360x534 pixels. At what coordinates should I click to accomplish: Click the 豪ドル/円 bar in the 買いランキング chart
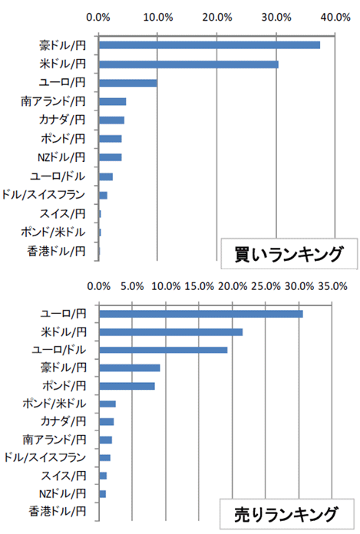pos(210,45)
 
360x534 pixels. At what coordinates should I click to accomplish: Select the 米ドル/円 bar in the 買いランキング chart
pos(189,64)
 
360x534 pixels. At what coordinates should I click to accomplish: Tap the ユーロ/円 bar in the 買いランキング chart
pos(128,83)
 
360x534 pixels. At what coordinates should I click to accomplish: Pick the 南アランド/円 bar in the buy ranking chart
pos(113,101)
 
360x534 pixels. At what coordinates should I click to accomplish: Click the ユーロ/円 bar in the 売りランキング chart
pos(201,314)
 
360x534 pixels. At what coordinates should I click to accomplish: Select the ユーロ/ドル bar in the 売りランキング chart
pos(163,350)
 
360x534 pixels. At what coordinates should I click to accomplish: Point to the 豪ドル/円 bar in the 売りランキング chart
pos(130,368)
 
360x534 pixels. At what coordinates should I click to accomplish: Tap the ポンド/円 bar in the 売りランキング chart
pos(127,386)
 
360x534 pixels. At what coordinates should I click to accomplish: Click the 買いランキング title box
pos(289,254)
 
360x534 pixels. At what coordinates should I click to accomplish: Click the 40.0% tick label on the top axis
pos(335,17)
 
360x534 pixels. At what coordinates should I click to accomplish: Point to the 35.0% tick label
pos(332,286)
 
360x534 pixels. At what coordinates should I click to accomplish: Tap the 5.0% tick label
pos(132,286)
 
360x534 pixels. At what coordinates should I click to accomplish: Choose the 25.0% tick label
pos(266,286)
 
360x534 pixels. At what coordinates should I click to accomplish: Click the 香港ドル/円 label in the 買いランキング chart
pos(56,252)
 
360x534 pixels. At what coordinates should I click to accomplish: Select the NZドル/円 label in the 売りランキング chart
pos(63,493)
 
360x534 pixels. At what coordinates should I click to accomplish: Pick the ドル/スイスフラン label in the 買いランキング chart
pos(43,195)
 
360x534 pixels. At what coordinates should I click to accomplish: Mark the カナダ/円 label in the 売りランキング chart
pos(64,422)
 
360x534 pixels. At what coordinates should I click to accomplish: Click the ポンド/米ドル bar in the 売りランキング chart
pos(107,404)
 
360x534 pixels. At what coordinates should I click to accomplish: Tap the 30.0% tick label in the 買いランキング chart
pos(276,17)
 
